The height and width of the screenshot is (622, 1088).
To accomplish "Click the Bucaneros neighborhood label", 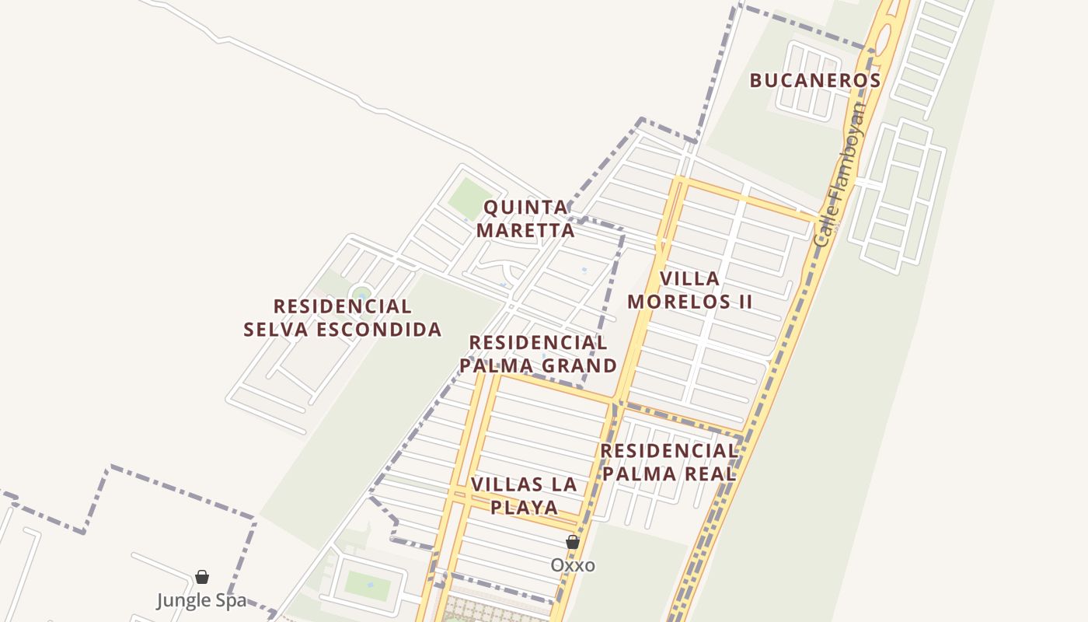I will point(814,80).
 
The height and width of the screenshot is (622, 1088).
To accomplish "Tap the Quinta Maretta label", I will point(526,218).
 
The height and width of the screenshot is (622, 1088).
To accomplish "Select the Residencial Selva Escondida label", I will point(343,317).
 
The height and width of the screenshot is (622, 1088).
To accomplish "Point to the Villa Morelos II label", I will point(690,289).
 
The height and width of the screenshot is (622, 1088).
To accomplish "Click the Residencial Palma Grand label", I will point(539,354).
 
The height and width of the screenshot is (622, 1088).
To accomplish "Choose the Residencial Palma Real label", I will point(669,462).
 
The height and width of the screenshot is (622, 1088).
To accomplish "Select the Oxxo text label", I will point(573,565).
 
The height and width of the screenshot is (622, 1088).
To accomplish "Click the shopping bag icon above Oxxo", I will point(573,542).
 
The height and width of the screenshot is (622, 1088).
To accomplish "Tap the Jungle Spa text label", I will point(201,600).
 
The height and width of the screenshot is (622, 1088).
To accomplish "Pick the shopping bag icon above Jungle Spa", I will point(202,577).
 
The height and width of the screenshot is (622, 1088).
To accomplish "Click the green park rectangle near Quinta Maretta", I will point(469,198).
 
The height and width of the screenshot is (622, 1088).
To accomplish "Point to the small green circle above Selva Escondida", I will point(360,294).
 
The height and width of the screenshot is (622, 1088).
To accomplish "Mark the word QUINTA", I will point(526,208).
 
